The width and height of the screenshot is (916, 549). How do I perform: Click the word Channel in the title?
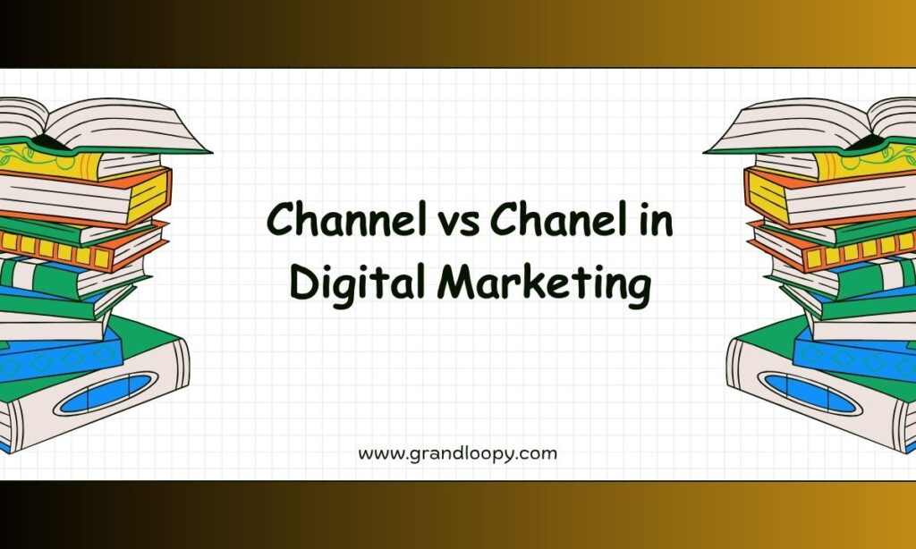[x=346, y=218]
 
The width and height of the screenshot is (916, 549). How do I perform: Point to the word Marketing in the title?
[x=544, y=283]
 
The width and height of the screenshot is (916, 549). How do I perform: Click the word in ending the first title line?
[x=656, y=220]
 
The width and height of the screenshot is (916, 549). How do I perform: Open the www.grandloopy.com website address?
[x=457, y=454]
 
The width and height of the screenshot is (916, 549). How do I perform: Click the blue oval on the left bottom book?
[x=106, y=393]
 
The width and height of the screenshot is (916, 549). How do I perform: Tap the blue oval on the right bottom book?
[x=810, y=393]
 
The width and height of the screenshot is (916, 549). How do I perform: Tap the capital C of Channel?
[x=280, y=219]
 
